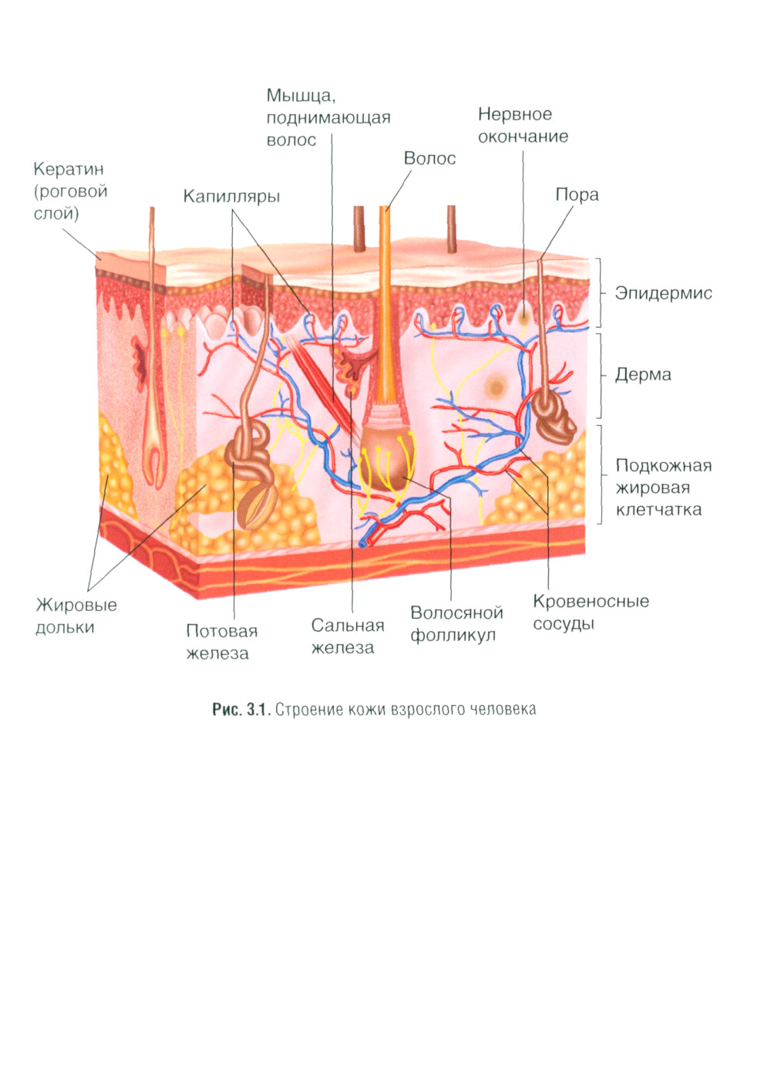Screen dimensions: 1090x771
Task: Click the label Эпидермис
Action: (663, 293)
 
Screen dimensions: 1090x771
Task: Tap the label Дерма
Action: (642, 375)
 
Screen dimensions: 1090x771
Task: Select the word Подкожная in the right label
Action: (663, 466)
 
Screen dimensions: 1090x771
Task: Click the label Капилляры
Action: (231, 197)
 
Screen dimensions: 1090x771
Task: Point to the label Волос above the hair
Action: (429, 159)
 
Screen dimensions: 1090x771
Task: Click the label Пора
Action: (577, 195)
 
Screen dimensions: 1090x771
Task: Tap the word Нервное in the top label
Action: (514, 115)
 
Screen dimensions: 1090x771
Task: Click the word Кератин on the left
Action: (68, 170)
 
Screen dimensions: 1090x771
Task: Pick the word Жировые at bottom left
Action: (76, 605)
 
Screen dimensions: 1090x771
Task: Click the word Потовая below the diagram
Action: (221, 631)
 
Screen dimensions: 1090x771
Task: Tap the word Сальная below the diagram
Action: (347, 626)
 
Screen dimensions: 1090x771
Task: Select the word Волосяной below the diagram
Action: (456, 613)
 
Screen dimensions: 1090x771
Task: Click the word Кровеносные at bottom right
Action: (591, 602)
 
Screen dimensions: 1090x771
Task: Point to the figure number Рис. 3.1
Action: (240, 709)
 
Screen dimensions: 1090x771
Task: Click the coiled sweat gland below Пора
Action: (557, 417)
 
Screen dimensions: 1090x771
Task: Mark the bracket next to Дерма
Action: (600, 376)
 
